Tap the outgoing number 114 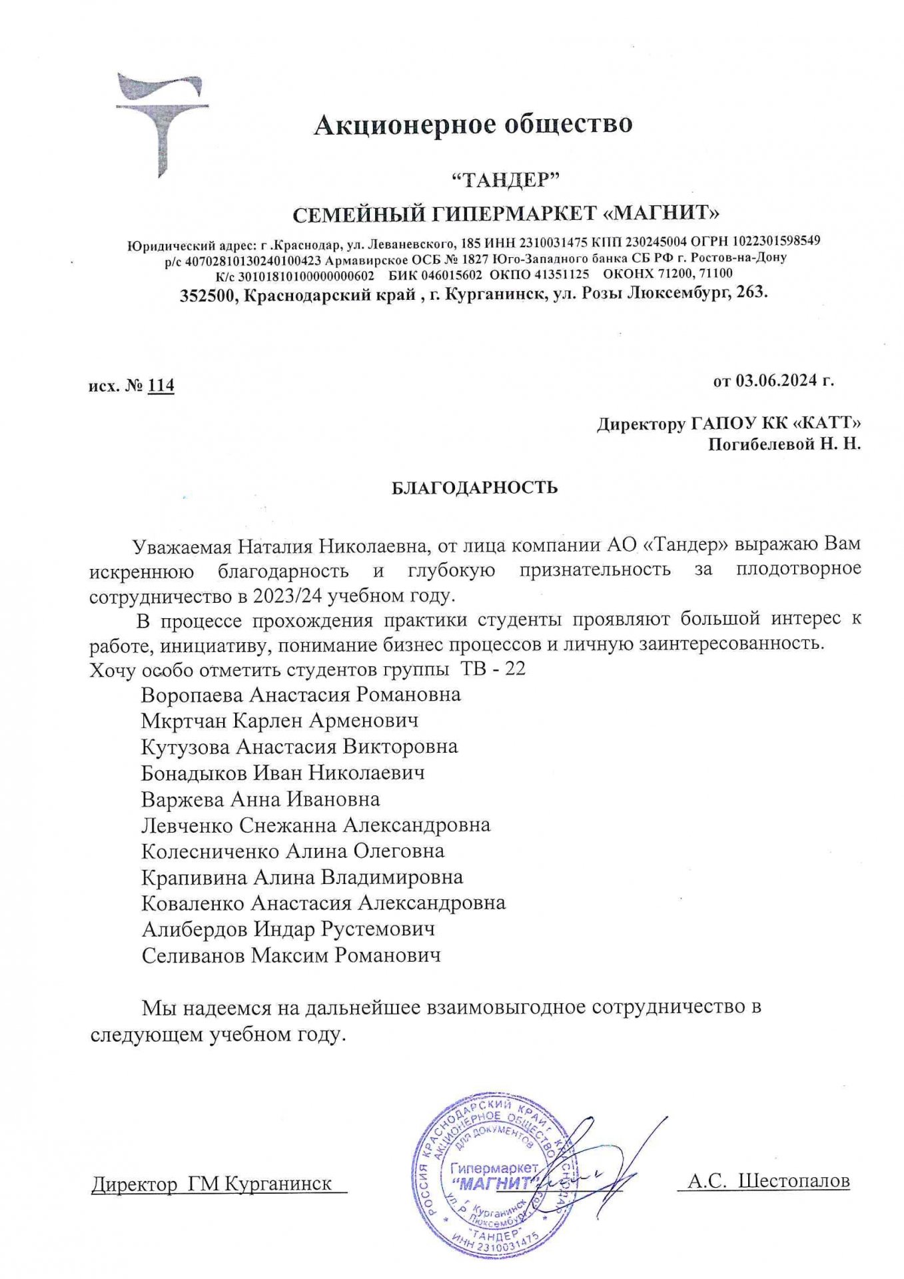[x=161, y=385]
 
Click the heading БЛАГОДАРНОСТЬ [x=474, y=488]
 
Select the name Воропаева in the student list [x=193, y=695]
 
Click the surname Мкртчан [x=185, y=721]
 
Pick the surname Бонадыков [x=193, y=773]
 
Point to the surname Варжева [x=183, y=799]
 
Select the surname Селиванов [x=194, y=955]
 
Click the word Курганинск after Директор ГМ [x=278, y=1184]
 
